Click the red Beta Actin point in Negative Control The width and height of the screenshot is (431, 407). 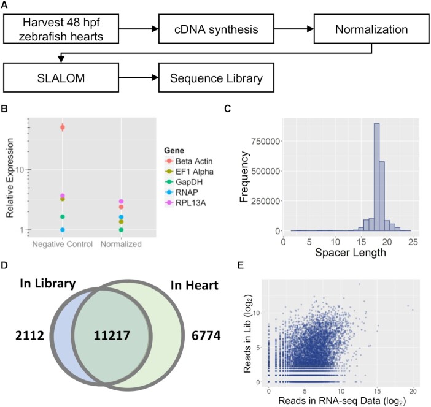pyautogui.click(x=63, y=127)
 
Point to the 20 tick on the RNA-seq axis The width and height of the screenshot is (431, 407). pyautogui.click(x=413, y=390)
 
